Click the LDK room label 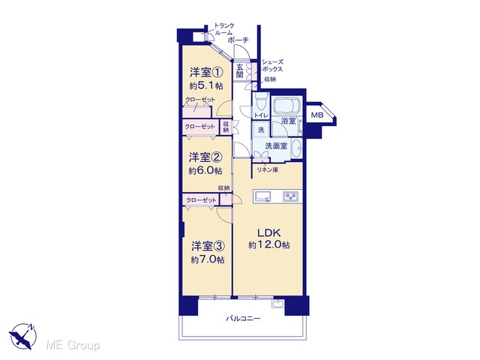point(269,233)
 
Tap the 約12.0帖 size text point(269,245)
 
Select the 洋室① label point(206,73)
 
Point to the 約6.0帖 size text point(205,170)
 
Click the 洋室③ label point(208,246)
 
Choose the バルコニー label point(243,319)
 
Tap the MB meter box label point(317,115)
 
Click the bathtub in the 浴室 point(286,106)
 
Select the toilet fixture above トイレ point(261,101)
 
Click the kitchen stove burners point(290,196)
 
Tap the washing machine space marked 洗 point(261,130)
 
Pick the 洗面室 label point(276,146)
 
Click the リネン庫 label point(267,170)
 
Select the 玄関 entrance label point(240,71)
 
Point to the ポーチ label point(238,40)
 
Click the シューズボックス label point(272,65)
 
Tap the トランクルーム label point(224,28)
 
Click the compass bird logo point(22,336)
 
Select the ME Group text point(73,345)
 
